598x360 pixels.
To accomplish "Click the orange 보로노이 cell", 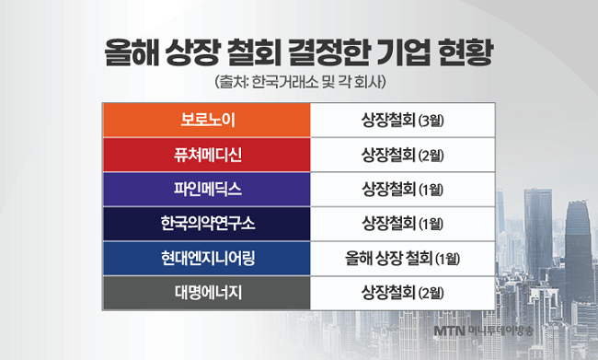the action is tap(207, 121).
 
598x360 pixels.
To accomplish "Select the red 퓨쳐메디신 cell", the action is tap(207, 155).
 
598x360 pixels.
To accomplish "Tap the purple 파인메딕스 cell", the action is tap(207, 189).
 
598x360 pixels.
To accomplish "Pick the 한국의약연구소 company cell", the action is tap(207, 224).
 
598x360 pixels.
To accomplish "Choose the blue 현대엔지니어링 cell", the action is tap(207, 258).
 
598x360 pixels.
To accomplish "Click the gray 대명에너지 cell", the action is tap(207, 293).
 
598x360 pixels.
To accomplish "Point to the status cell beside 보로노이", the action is tap(403, 121).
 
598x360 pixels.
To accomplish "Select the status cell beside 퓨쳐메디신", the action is tap(403, 155).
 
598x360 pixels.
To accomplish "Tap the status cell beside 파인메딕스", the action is tap(403, 189).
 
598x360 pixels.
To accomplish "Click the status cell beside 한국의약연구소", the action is tap(403, 224).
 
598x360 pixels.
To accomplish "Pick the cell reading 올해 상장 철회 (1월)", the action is tap(403, 258).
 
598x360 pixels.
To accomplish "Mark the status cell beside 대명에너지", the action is tap(403, 293).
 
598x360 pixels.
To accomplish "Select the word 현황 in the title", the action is tap(466, 52).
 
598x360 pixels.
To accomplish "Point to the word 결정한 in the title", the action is tap(328, 52).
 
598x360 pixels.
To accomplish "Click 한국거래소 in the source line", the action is tap(285, 83).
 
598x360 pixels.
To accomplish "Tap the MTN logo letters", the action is tap(449, 331).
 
